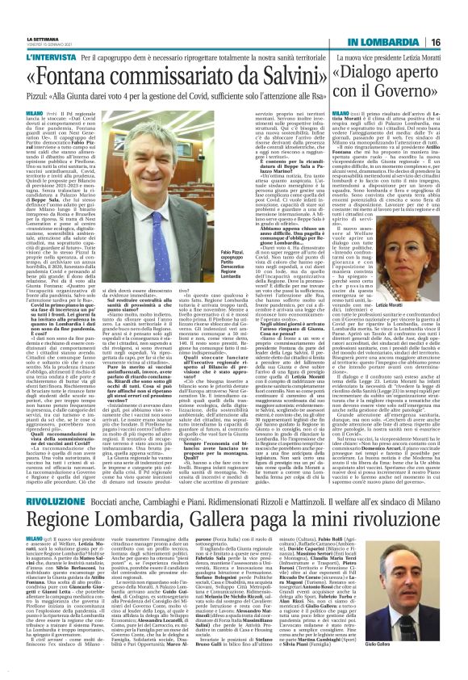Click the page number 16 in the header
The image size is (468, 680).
456,17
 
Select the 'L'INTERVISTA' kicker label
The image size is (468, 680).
40,36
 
